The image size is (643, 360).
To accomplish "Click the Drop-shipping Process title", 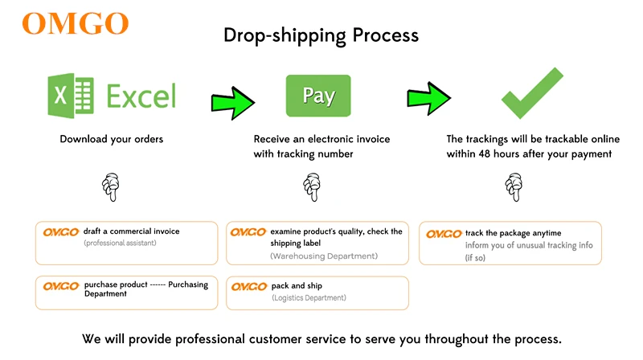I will tap(321, 35).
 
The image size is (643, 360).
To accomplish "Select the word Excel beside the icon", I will tap(141, 96).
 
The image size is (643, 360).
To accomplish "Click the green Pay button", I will tap(318, 96).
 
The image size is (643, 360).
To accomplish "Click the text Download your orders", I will tap(112, 139).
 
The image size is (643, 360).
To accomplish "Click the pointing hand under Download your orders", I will tap(112, 188).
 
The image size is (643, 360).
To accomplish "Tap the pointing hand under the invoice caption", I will tap(310, 188).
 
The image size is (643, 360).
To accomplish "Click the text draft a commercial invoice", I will tap(131, 231).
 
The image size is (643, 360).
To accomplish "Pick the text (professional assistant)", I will tap(121, 243).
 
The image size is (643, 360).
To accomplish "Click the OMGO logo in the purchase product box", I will tap(60, 286).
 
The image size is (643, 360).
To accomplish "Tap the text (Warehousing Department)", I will tap(324, 256).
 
